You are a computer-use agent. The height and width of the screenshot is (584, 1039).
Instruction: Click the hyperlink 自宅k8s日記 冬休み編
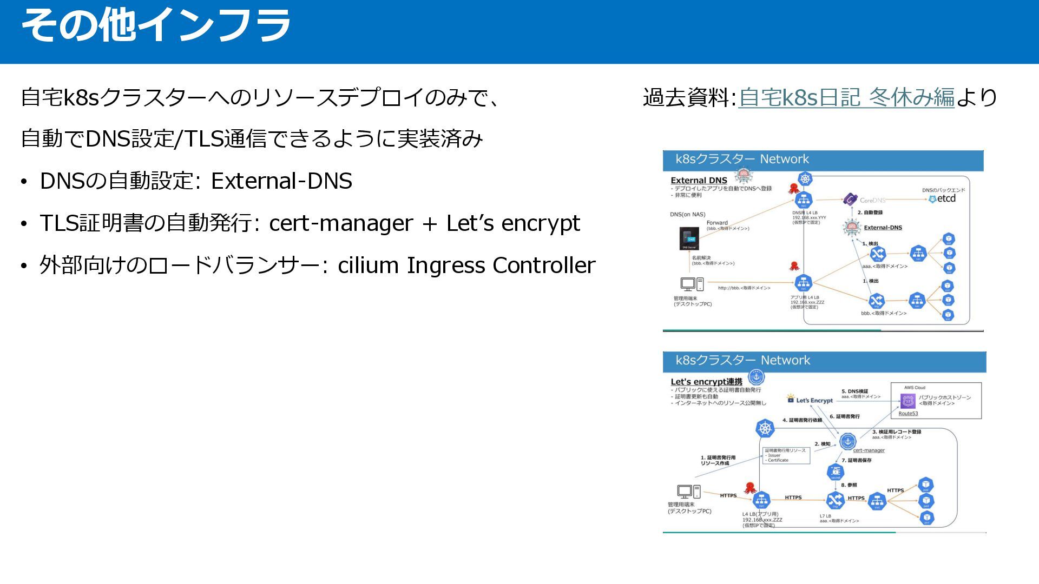pyautogui.click(x=846, y=97)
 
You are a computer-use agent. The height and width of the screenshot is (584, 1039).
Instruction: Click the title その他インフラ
pyautogui.click(x=155, y=25)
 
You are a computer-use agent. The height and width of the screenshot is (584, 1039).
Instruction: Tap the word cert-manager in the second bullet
pyautogui.click(x=340, y=223)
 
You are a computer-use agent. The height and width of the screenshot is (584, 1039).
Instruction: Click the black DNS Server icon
pyautogui.click(x=689, y=238)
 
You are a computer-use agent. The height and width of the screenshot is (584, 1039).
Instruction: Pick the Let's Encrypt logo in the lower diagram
pyautogui.click(x=810, y=400)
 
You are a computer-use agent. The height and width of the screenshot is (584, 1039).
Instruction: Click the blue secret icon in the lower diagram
pyautogui.click(x=836, y=472)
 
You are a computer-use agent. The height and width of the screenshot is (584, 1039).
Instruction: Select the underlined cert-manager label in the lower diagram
pyautogui.click(x=869, y=450)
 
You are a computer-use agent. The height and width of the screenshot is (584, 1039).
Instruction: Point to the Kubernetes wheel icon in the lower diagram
pyautogui.click(x=765, y=429)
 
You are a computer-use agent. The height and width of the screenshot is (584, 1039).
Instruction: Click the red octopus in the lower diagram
pyautogui.click(x=750, y=488)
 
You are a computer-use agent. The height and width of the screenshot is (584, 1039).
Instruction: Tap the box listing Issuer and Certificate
pyautogui.click(x=786, y=455)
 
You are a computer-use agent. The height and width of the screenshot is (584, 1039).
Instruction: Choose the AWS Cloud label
pyautogui.click(x=915, y=388)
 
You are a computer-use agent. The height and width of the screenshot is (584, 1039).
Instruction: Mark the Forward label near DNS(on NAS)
pyautogui.click(x=717, y=223)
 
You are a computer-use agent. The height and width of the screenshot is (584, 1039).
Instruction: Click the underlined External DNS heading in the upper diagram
pyautogui.click(x=699, y=181)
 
